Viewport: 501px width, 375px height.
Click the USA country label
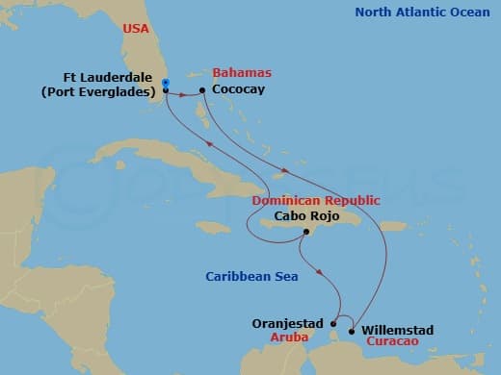coord(136,30)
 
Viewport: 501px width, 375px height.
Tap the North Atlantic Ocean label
coord(420,12)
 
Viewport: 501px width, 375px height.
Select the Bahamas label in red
coord(241,73)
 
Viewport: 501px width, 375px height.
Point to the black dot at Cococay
coord(202,90)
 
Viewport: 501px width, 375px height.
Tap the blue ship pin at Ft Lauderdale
coord(166,86)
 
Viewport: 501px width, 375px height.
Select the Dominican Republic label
coord(310,201)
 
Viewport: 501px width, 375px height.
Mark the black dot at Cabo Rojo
coord(304,232)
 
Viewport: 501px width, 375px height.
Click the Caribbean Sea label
coord(251,277)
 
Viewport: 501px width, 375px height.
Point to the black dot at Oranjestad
coord(332,323)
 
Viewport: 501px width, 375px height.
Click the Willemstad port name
coord(397,330)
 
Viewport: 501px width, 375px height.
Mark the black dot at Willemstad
coord(354,330)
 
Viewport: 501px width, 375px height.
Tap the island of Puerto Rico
coord(393,226)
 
